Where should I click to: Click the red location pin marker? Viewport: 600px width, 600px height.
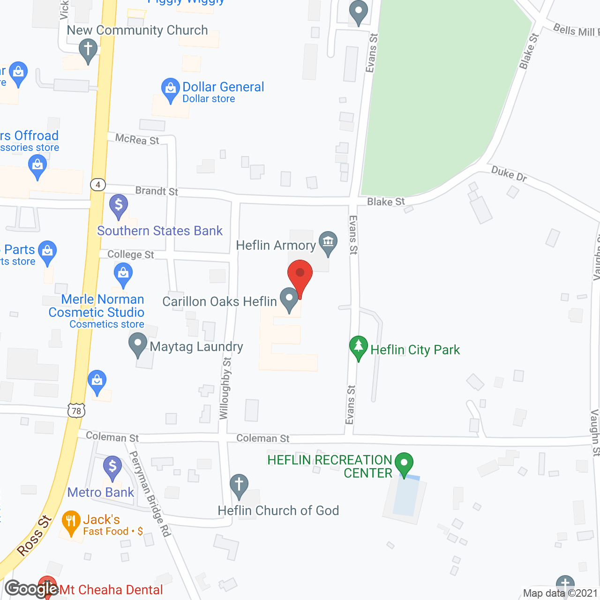coord(300,274)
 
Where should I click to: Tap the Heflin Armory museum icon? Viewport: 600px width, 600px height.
coord(328,242)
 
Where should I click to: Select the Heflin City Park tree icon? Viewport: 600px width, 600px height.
coord(359,347)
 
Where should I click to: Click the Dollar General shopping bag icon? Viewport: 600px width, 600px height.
coord(170,89)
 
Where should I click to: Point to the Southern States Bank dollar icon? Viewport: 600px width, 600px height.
coord(119,205)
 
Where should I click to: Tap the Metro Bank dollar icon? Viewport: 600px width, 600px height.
coord(112,466)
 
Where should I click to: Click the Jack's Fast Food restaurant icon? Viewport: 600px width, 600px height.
coord(71,521)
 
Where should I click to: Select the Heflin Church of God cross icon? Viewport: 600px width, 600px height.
coord(239,485)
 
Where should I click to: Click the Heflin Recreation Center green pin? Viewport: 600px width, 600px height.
coord(404,463)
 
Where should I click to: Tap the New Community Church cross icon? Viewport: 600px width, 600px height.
coord(88,49)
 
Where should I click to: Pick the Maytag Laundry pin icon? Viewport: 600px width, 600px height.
coord(138,344)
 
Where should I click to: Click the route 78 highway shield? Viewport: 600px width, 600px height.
coord(76,411)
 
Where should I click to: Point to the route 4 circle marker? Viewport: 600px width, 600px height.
coord(98,185)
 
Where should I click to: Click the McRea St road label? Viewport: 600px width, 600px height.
coord(137,139)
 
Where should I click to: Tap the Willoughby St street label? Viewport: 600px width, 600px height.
coord(225,388)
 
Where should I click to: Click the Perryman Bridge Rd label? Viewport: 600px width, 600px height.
coord(150,494)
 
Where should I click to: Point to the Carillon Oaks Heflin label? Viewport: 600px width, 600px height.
coord(219,301)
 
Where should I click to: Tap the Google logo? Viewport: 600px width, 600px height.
coord(32,589)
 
